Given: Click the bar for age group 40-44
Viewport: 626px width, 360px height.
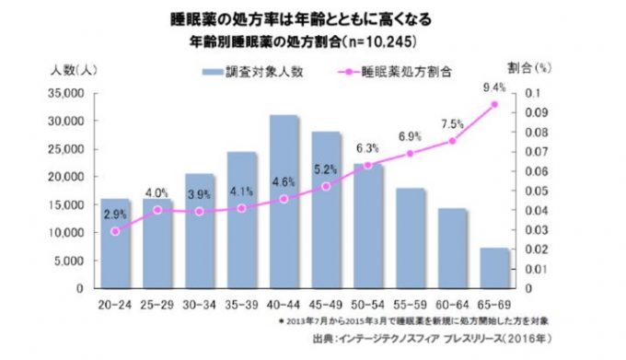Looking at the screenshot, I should [x=284, y=202].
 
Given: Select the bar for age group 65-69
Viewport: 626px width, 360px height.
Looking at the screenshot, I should [x=493, y=268].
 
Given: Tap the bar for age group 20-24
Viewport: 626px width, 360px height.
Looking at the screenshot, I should [x=115, y=243].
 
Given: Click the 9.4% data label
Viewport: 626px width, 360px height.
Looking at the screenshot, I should [x=493, y=88].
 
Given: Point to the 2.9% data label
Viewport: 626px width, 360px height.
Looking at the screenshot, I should [x=116, y=214].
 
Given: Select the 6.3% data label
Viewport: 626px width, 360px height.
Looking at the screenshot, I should [x=367, y=147].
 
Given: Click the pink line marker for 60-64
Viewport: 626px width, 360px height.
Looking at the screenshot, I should [x=452, y=141].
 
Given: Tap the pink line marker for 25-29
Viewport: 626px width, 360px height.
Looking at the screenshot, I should [x=157, y=210].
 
